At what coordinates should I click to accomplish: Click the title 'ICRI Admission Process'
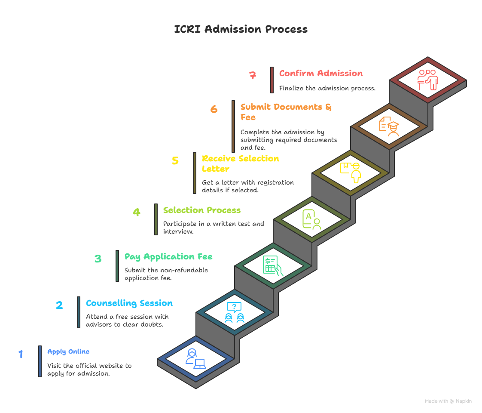pyautogui.click(x=241, y=29)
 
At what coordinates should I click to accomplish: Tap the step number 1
pyautogui.click(x=21, y=354)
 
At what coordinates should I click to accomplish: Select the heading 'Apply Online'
pyautogui.click(x=68, y=351)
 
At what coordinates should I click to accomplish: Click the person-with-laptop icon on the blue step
pyautogui.click(x=195, y=359)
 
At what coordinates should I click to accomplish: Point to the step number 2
pyautogui.click(x=59, y=305)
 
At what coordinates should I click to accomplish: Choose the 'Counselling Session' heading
pyautogui.click(x=129, y=303)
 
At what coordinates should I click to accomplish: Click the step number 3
pyautogui.click(x=98, y=259)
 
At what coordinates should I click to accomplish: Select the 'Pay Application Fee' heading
pyautogui.click(x=168, y=256)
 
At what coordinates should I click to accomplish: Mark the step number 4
pyautogui.click(x=136, y=212)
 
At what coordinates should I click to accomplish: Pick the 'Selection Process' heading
pyautogui.click(x=202, y=210)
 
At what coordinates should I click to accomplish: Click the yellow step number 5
pyautogui.click(x=175, y=160)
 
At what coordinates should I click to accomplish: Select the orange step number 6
pyautogui.click(x=214, y=109)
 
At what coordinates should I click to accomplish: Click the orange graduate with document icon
pyautogui.click(x=389, y=126)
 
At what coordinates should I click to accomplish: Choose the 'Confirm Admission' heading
pyautogui.click(x=321, y=73)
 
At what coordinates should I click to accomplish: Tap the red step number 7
pyautogui.click(x=253, y=75)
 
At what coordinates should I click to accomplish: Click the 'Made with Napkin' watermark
pyautogui.click(x=448, y=401)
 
